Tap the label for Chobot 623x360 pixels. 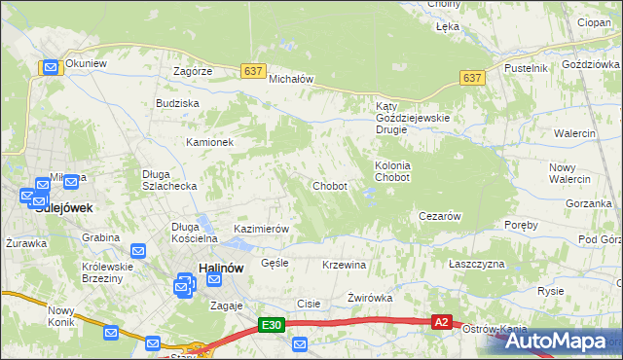[x=329, y=186]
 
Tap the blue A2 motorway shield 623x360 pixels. [x=441, y=321]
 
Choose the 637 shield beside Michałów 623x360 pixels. [x=253, y=71]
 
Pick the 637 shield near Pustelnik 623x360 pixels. [x=472, y=78]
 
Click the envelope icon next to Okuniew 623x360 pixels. [x=51, y=67]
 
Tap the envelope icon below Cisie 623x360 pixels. [x=300, y=343]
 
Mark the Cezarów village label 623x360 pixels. [x=438, y=216]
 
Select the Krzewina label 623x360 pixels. [x=344, y=265]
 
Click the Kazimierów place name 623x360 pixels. [x=262, y=230]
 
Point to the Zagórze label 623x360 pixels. [x=193, y=72]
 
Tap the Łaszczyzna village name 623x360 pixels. [x=477, y=265]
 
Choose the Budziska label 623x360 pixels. [x=177, y=103]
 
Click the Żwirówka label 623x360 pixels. [x=369, y=298]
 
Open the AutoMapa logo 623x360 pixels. [x=558, y=341]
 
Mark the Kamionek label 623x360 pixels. [x=210, y=142]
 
